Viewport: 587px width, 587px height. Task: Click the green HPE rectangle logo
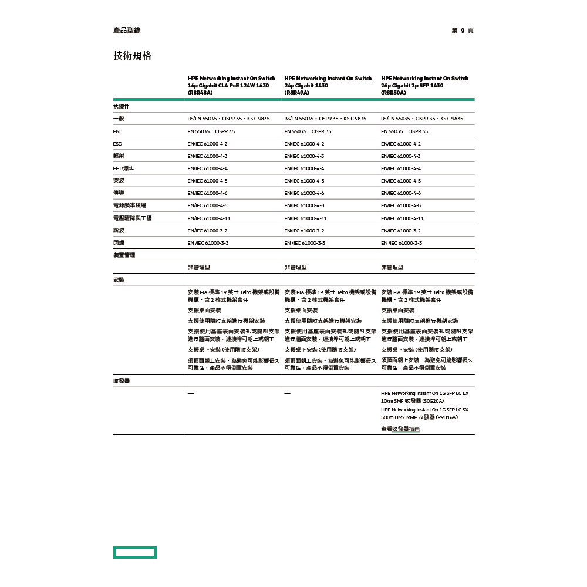pos(135,552)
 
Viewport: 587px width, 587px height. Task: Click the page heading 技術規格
pos(132,56)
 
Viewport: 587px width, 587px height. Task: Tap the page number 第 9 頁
pos(463,31)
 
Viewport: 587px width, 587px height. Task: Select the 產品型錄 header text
pos(127,31)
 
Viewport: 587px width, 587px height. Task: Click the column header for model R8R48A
pos(231,85)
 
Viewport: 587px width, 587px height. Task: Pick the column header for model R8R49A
pos(328,85)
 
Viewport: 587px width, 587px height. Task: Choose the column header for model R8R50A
pos(424,85)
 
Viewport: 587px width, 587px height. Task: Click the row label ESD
pos(117,144)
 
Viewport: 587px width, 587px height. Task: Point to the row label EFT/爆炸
pos(124,168)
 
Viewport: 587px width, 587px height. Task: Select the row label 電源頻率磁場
pos(130,205)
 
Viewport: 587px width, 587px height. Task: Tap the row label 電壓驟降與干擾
pos(133,218)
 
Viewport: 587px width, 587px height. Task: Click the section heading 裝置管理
pos(124,255)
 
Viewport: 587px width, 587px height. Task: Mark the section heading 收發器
pos(122,380)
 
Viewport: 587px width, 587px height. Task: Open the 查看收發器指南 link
pos(400,429)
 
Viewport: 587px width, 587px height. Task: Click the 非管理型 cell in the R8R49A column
pos(295,267)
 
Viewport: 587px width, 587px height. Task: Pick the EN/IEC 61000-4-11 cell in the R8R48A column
pos(209,218)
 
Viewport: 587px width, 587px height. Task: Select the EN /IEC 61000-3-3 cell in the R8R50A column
pos(402,242)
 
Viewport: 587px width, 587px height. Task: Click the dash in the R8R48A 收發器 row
pos(190,393)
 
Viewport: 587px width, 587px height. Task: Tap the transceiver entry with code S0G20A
pos(425,397)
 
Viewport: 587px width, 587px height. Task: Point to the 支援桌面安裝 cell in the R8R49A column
pos(301,310)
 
